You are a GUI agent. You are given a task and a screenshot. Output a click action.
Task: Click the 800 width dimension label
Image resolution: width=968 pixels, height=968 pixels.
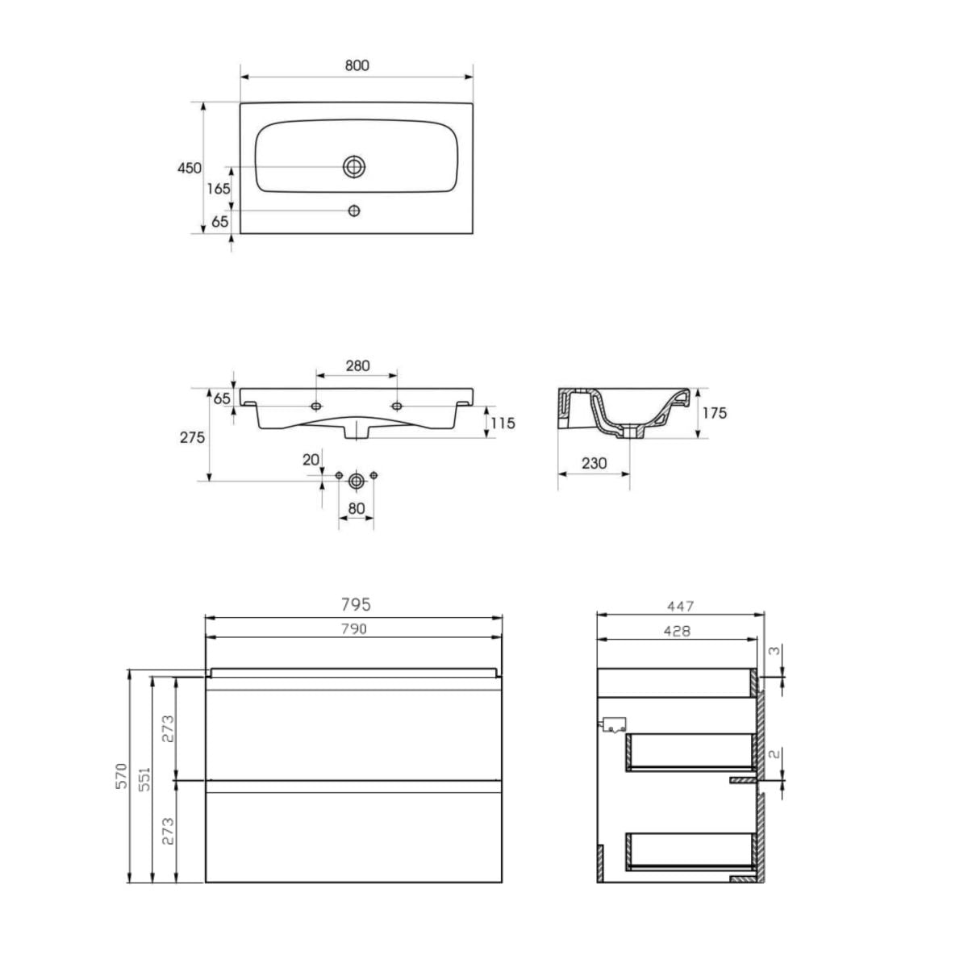point(357,66)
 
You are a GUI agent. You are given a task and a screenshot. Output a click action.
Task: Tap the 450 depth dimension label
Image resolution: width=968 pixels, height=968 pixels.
point(190,168)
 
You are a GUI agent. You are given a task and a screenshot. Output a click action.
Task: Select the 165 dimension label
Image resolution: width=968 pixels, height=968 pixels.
point(219,189)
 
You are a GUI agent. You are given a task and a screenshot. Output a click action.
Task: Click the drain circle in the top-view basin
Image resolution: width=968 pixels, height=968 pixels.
point(354,167)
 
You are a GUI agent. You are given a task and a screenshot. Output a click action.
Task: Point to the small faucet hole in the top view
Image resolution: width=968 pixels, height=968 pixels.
point(354,211)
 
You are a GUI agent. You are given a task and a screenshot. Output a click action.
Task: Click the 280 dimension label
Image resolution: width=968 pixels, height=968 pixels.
point(357,365)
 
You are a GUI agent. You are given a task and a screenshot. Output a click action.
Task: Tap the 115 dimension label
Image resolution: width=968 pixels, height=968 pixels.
point(503,423)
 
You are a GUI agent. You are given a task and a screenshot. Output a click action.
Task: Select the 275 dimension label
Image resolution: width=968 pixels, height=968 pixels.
point(193,437)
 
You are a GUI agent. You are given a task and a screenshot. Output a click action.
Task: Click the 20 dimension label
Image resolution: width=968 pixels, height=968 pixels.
point(311,460)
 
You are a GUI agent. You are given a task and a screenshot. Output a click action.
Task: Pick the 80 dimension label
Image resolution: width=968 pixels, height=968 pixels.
point(357,509)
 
